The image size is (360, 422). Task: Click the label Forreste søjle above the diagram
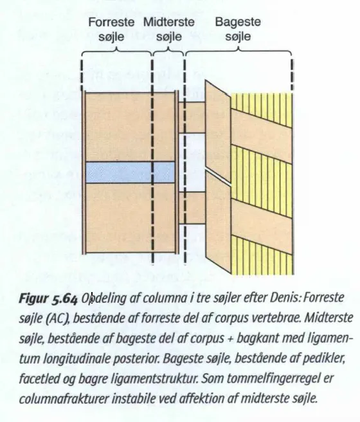tap(111, 29)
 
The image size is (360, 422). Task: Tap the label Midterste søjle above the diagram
tap(169, 29)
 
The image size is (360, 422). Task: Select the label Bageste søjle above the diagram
tap(238, 29)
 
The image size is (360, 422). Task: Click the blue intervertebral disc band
tap(130, 172)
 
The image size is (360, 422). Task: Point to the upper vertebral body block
tap(130, 127)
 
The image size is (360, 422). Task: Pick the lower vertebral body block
tap(130, 218)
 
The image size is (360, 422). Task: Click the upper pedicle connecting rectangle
tap(192, 117)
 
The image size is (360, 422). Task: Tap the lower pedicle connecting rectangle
tap(192, 208)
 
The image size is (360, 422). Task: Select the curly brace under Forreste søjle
tap(116, 51)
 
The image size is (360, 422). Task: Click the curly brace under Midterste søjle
tap(168, 51)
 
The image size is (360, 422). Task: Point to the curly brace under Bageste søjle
tap(239, 51)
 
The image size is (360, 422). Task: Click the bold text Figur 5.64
tap(48, 298)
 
